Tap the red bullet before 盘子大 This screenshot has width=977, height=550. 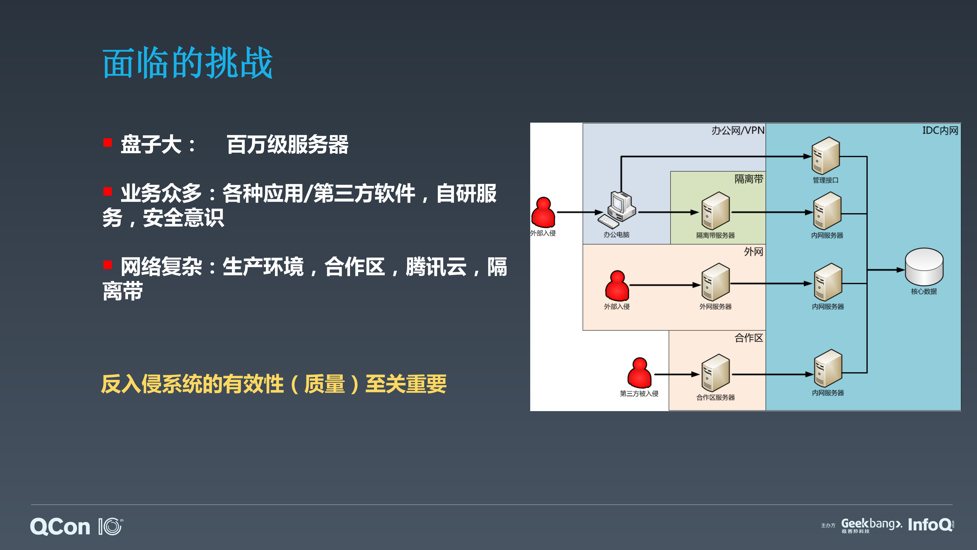tap(108, 143)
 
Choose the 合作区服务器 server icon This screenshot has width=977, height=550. tap(715, 373)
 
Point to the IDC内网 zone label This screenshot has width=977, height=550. tap(940, 130)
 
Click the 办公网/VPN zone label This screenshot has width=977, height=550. tap(738, 130)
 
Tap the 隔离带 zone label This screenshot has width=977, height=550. tap(749, 179)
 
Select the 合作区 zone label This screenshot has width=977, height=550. tap(749, 338)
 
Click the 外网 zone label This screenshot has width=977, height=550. tap(753, 252)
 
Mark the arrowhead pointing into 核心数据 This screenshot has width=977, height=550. tap(900, 270)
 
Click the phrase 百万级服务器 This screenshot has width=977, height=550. tap(287, 145)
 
